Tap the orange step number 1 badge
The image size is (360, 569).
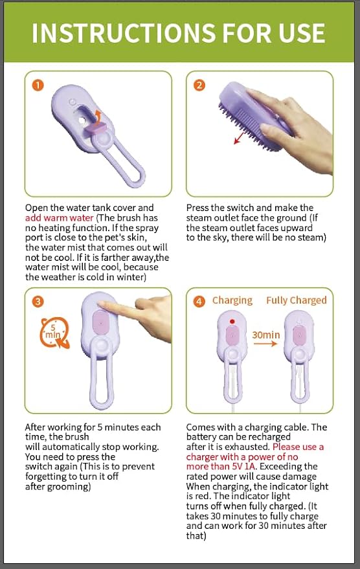(x=39, y=85)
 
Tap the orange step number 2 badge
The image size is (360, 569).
(x=199, y=85)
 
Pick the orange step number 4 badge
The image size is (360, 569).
(x=199, y=301)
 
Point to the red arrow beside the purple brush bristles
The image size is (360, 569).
(x=241, y=137)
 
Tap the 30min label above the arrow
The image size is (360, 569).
(x=265, y=335)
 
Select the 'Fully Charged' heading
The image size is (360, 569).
(x=296, y=300)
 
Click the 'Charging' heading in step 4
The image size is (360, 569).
(x=232, y=300)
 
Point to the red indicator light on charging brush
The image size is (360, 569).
(x=231, y=321)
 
